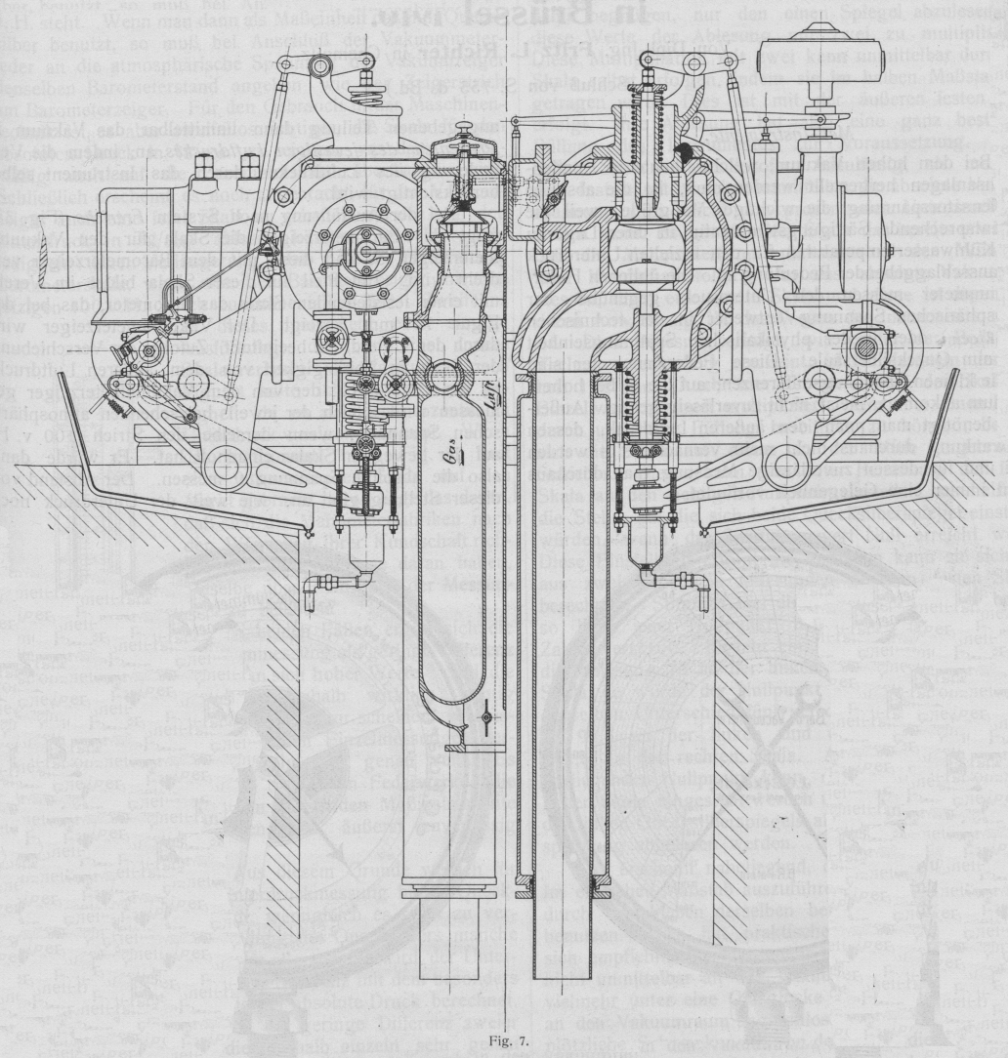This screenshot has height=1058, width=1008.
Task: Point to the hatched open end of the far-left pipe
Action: pyautogui.click(x=29, y=258)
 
